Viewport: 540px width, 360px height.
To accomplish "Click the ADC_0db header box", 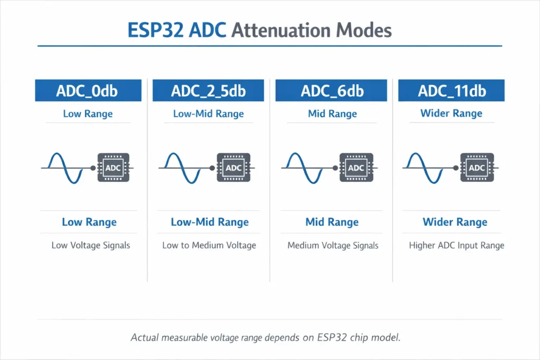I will click(x=88, y=90).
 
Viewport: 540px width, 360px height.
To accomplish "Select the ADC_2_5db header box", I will click(x=208, y=90).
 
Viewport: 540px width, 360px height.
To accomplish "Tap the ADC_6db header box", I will click(x=332, y=90).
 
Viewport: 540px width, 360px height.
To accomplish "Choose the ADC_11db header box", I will click(x=452, y=90).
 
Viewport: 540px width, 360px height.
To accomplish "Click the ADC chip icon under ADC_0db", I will click(x=113, y=168).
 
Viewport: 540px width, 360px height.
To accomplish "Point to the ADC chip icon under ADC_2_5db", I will click(x=234, y=168).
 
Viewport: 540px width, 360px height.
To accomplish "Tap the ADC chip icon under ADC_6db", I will click(x=356, y=168).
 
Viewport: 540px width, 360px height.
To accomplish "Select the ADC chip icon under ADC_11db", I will click(x=477, y=168).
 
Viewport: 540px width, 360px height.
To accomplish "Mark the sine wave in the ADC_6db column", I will click(x=305, y=168).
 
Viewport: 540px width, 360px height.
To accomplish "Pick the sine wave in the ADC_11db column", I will click(x=427, y=168).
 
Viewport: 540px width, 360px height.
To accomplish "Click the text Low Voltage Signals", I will click(x=91, y=245).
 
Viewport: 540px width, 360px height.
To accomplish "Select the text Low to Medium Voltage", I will click(x=209, y=245).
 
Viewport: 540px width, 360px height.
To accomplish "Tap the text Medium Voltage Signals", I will click(x=333, y=245).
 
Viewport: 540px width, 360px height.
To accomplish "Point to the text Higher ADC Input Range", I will click(x=457, y=245).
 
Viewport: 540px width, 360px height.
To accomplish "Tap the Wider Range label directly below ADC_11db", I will click(x=451, y=113).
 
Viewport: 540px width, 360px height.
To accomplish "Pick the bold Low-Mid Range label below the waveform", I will click(x=209, y=222).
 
